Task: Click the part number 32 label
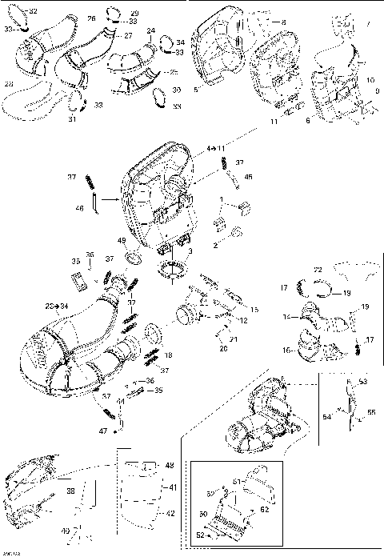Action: point(33,11)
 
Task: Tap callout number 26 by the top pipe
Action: point(90,18)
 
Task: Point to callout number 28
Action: point(9,83)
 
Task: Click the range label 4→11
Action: point(217,149)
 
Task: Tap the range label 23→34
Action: point(57,307)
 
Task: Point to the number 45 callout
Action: point(249,177)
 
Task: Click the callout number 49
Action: point(122,241)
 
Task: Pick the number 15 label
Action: point(255,310)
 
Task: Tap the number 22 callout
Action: point(318,270)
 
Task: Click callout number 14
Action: point(284,318)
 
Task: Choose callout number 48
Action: point(169,465)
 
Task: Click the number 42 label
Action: point(170,515)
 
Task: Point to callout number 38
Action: point(70,493)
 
